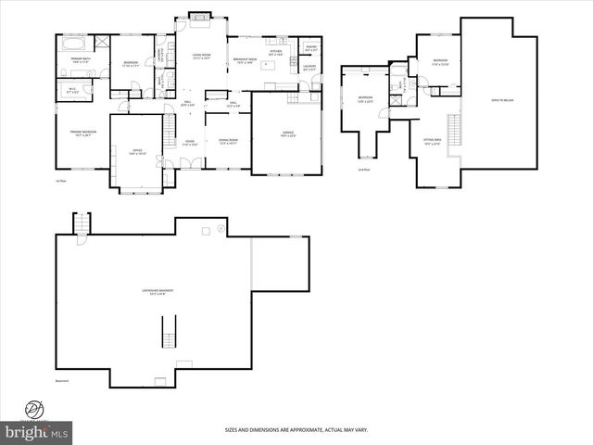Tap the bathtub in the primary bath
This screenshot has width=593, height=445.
[73, 44]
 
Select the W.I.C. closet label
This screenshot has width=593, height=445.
[72, 91]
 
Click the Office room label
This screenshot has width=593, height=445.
[137, 153]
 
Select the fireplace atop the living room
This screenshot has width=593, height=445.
[200, 16]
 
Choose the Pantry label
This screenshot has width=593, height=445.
[311, 47]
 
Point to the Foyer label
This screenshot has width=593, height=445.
[189, 143]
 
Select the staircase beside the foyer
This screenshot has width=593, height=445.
[169, 134]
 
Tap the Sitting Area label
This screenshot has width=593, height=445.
[432, 142]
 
